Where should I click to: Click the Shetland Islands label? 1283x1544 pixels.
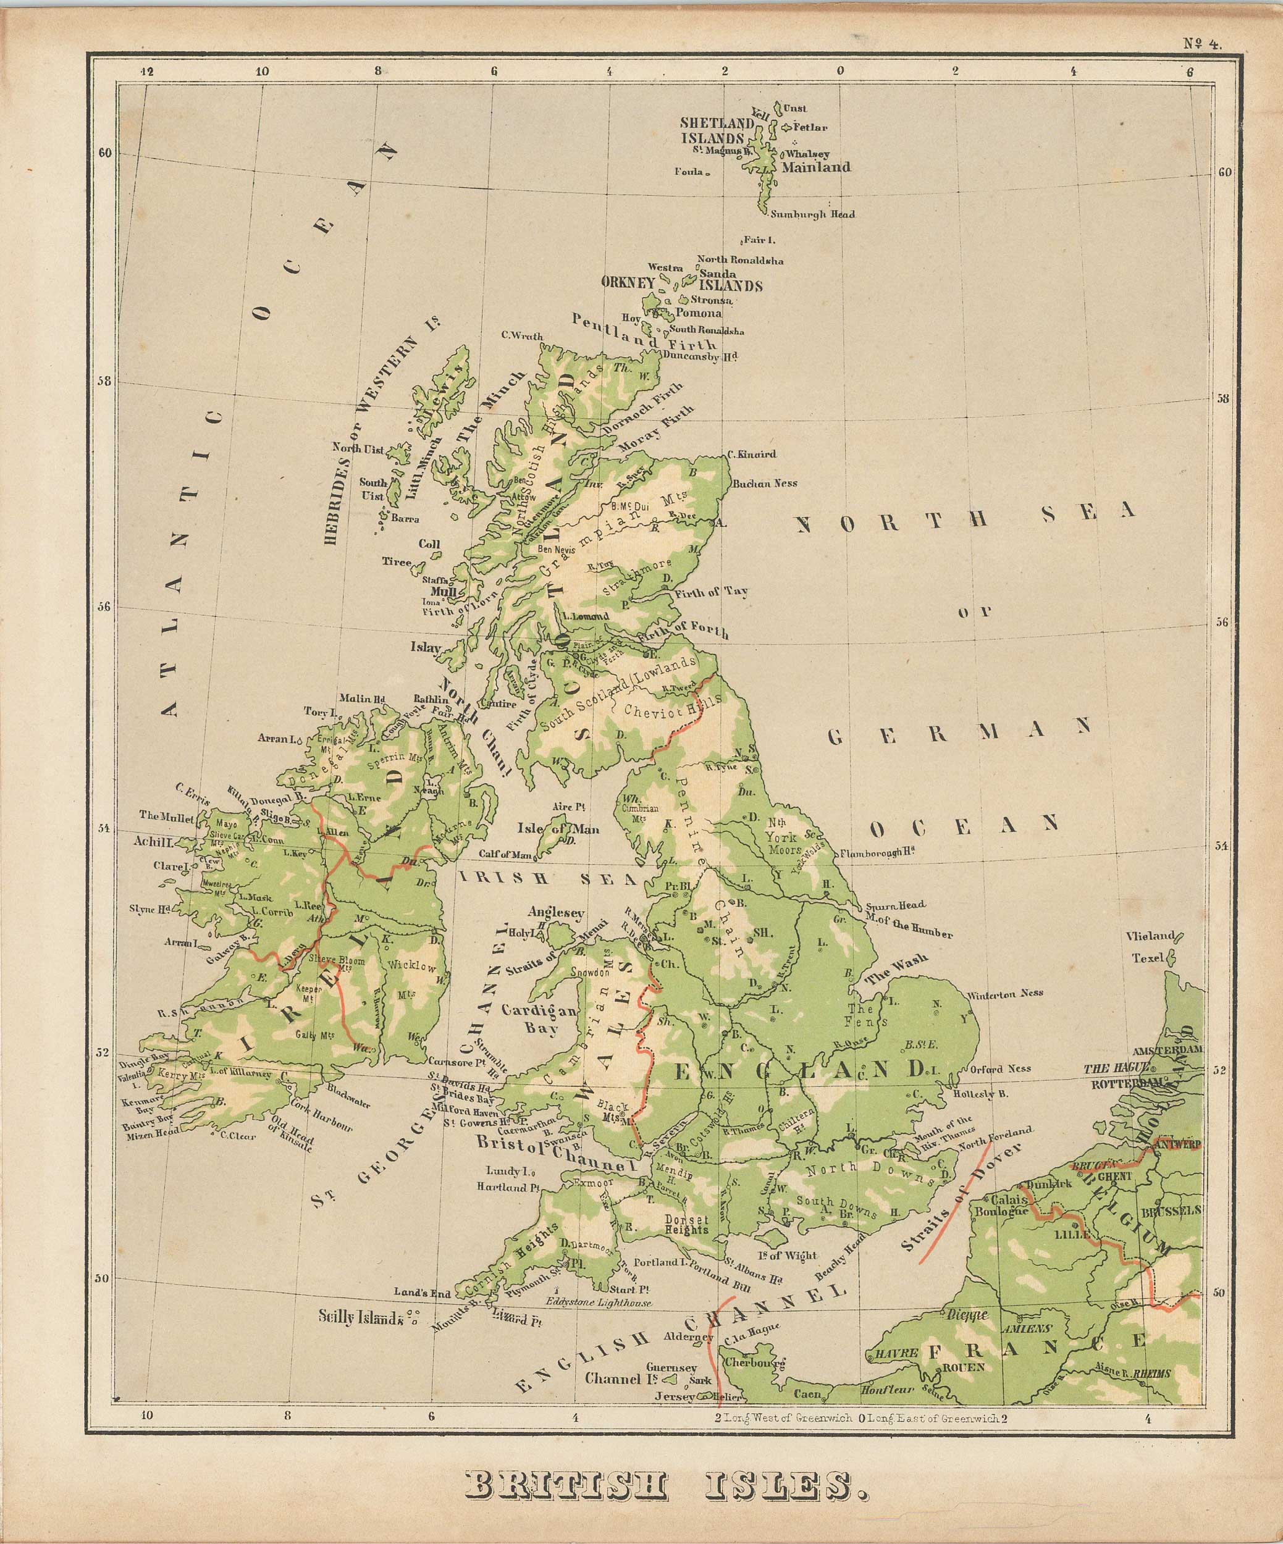[x=717, y=131]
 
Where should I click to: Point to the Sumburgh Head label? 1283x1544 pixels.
[x=812, y=215]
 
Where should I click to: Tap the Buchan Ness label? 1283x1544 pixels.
[x=765, y=484]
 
